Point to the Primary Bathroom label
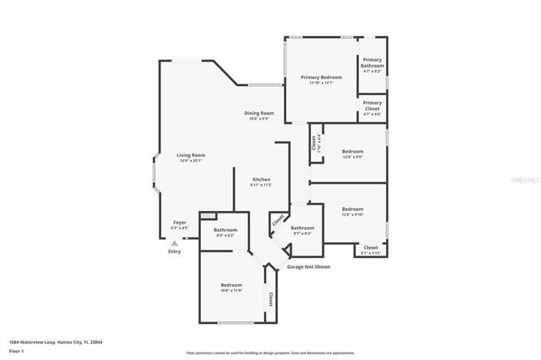click(x=372, y=63)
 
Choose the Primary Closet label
click(x=372, y=106)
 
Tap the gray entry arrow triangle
click(x=174, y=243)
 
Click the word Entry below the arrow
click(x=175, y=251)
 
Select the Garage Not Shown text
click(x=308, y=266)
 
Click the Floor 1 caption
click(x=17, y=351)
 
